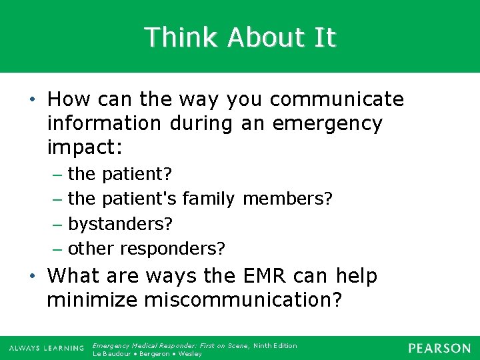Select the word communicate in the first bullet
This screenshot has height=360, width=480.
[x=337, y=100]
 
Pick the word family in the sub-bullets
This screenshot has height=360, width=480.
[x=208, y=199]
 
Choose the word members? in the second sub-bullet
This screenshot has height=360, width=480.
[x=287, y=199]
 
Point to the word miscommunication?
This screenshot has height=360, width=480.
[x=243, y=300]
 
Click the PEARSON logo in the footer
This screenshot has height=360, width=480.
[x=439, y=349]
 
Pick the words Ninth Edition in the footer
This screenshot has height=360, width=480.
[x=275, y=345]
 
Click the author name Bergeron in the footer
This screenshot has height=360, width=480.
[x=156, y=353]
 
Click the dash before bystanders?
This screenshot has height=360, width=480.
[x=58, y=224]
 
